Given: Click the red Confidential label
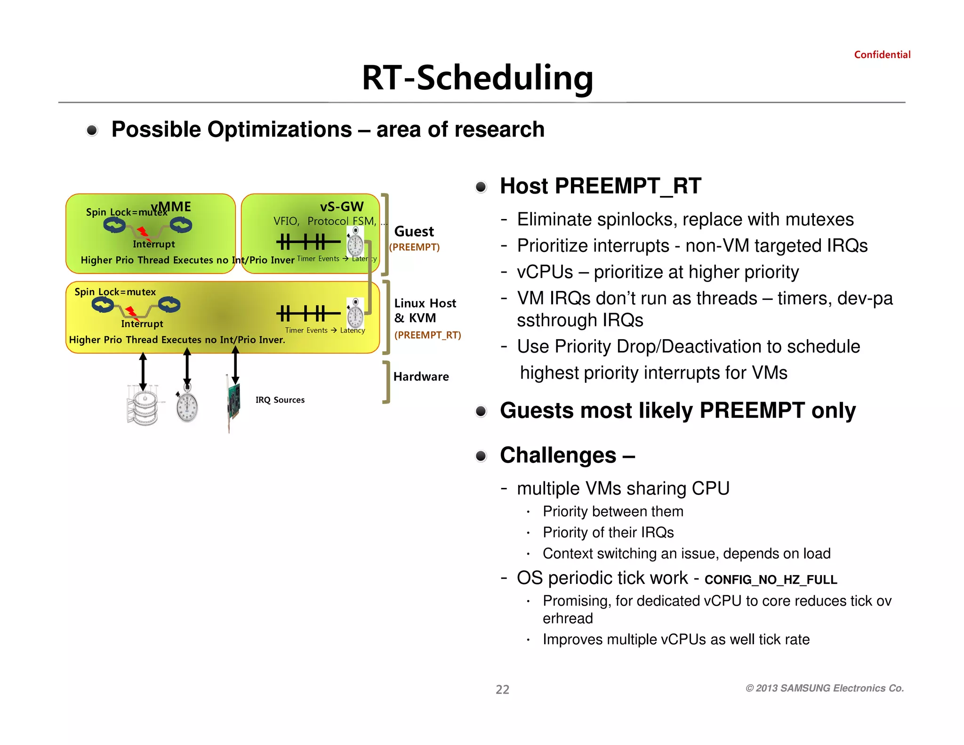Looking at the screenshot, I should [x=882, y=55].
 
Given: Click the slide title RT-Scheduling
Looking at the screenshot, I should [x=477, y=78].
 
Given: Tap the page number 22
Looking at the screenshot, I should [x=502, y=689].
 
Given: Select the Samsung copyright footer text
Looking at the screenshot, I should [x=824, y=688].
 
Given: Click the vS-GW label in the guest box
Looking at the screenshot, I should [x=342, y=207].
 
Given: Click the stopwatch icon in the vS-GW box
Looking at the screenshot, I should [x=355, y=243].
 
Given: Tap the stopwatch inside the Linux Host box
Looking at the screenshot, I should [x=355, y=313].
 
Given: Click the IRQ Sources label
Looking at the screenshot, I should [x=280, y=400].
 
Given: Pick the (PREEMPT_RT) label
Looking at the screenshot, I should [x=427, y=335].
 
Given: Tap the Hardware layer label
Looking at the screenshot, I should [x=421, y=377].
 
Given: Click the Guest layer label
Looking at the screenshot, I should [x=414, y=232].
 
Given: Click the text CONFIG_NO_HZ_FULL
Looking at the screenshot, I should [x=771, y=580].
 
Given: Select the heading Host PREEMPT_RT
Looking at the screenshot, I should [x=600, y=186].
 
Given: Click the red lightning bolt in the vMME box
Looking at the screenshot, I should [x=143, y=232].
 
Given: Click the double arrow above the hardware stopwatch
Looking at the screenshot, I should [x=187, y=367].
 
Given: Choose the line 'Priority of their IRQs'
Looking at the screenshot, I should [x=608, y=533].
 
